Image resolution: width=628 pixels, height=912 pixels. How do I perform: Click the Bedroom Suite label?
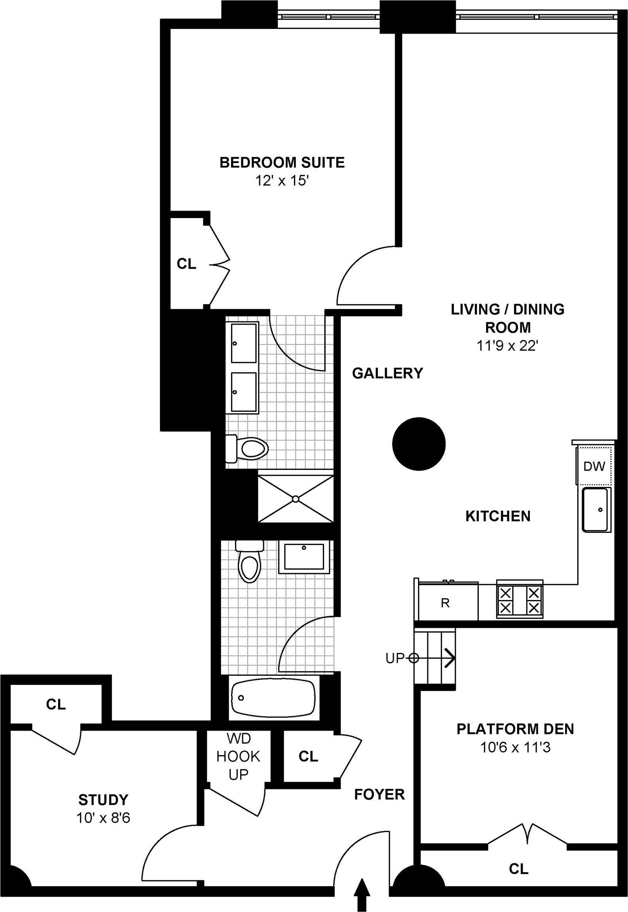282,163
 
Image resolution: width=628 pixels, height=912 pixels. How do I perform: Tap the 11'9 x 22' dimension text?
507,346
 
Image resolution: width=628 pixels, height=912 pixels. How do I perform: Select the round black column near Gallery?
419,444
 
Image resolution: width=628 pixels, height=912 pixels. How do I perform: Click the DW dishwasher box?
594,466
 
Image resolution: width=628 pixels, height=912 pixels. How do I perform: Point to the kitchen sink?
596,509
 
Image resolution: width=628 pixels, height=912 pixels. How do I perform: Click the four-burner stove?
520,600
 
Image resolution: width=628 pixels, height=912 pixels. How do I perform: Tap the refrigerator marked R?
446,603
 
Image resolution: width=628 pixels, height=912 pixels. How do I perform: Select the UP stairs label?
395,658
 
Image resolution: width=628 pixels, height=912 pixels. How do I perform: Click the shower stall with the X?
296,499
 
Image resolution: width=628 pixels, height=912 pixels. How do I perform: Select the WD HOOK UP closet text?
238,756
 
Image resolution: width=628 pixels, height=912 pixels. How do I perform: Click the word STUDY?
103,800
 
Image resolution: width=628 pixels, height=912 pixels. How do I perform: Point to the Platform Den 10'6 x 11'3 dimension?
515,748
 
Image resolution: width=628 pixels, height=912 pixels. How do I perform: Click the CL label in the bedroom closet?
186,264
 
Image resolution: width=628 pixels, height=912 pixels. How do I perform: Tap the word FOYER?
379,794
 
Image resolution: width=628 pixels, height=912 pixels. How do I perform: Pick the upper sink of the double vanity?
243,343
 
